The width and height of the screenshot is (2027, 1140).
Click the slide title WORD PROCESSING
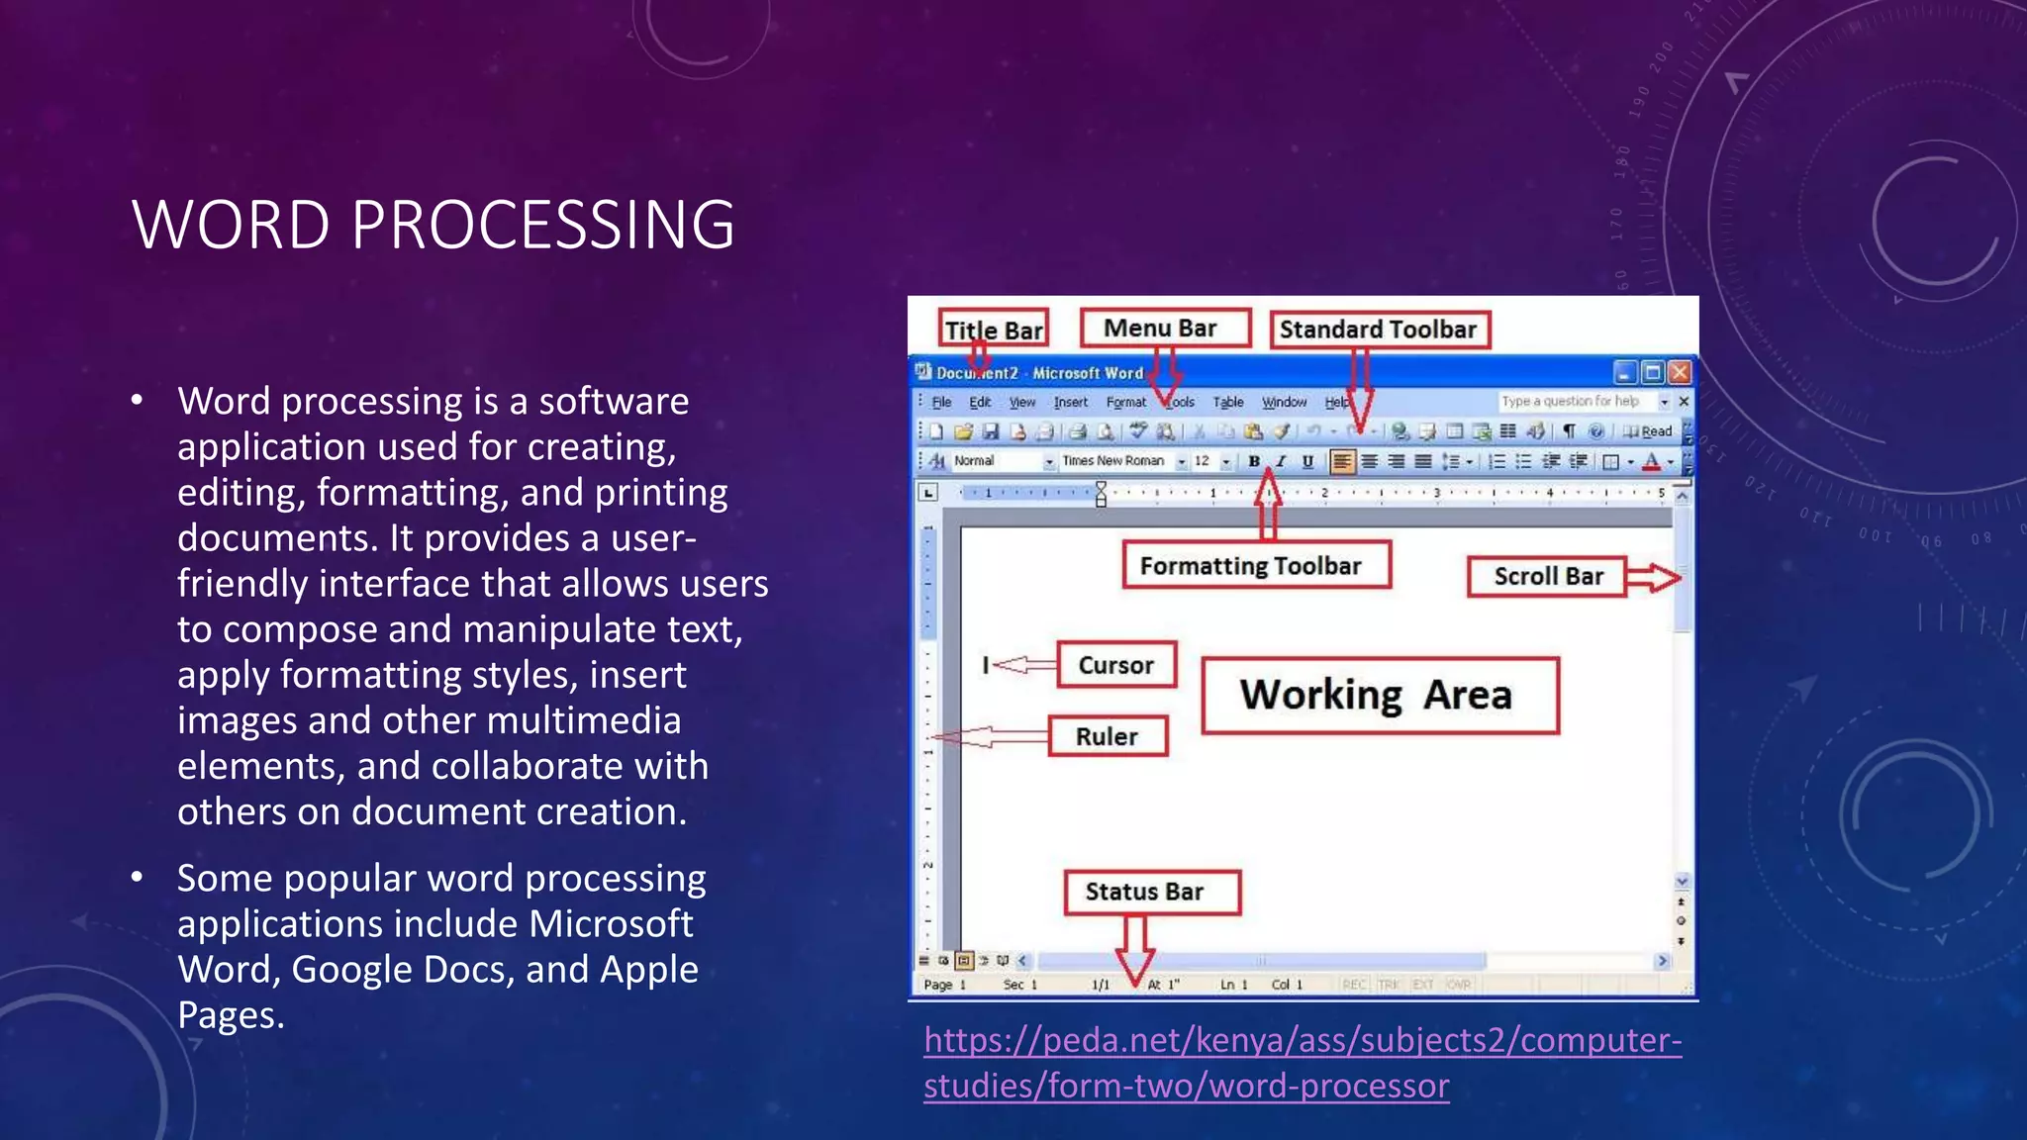click(434, 225)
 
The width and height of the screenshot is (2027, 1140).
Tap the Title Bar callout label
click(993, 330)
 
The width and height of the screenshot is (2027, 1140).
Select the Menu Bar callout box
click(1164, 328)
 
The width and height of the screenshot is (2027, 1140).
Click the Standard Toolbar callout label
click(1378, 330)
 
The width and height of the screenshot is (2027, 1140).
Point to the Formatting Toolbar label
click(1255, 565)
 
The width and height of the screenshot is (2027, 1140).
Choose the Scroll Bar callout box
click(1547, 576)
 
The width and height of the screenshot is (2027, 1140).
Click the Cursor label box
click(1116, 665)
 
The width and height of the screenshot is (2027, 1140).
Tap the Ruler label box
click(1108, 736)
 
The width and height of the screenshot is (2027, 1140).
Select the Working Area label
click(1378, 695)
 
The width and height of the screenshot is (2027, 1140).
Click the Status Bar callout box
click(1150, 892)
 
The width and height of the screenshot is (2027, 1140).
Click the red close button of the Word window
click(1680, 372)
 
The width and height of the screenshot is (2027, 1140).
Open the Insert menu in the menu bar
click(1070, 402)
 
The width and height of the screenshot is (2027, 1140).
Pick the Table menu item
click(1228, 402)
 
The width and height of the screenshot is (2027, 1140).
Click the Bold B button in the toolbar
click(1254, 461)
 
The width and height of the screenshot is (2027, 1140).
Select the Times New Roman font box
click(1114, 461)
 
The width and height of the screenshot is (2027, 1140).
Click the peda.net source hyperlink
click(1302, 1062)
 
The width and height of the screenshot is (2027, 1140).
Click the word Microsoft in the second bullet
click(611, 923)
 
